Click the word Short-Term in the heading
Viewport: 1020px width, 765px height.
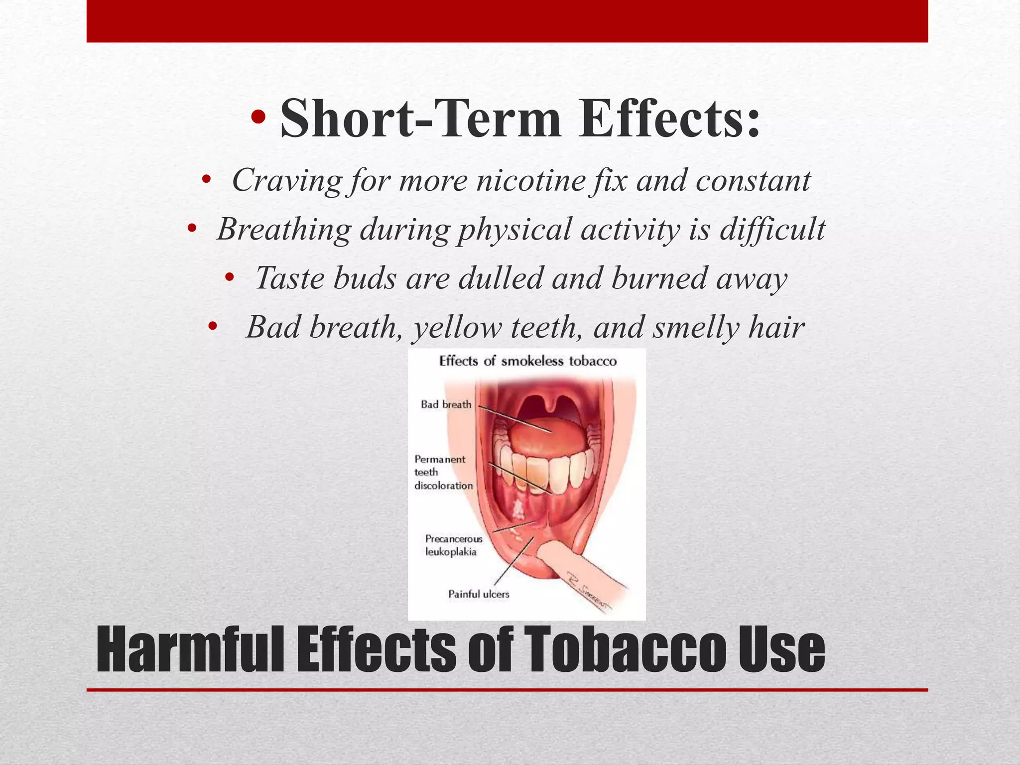[x=420, y=119]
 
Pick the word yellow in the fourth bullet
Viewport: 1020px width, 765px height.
[x=457, y=328]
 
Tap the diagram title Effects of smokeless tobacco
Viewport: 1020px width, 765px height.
[x=527, y=361]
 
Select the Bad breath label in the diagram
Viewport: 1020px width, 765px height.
[x=446, y=404]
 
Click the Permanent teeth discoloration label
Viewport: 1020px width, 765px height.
[x=443, y=472]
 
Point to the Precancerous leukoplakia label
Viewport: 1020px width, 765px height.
[x=453, y=545]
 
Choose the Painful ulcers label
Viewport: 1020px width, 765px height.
[x=479, y=594]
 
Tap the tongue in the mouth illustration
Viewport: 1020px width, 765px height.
[x=547, y=436]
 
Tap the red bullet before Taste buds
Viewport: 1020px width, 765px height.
[x=229, y=277]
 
